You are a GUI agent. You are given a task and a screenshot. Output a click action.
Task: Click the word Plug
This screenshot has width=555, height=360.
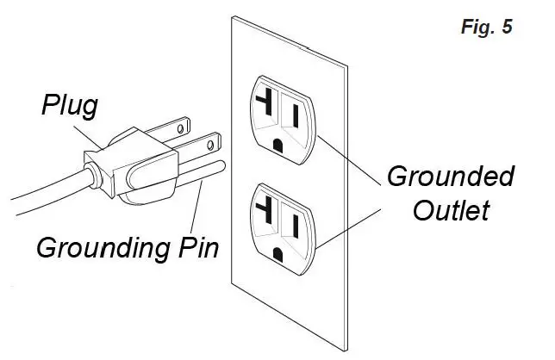[72, 108]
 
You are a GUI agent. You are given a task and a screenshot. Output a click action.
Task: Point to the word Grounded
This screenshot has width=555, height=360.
[451, 177]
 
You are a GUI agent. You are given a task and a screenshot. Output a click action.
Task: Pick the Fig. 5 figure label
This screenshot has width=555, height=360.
[487, 27]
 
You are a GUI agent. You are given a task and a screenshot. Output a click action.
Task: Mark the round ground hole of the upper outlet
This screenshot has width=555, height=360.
[277, 146]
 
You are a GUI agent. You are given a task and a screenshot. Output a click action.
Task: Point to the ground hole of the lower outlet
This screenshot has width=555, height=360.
[277, 252]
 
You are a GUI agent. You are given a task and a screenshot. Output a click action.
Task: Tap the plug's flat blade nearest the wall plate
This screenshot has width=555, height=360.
[198, 144]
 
